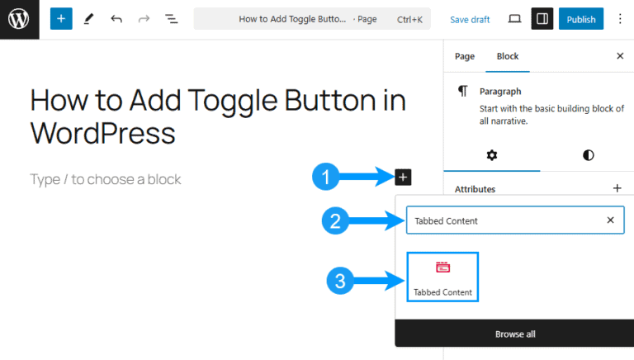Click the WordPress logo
(x=20, y=20)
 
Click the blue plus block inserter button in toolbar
(x=61, y=19)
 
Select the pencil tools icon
(x=88, y=19)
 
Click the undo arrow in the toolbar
(x=116, y=19)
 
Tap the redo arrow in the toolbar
(x=144, y=19)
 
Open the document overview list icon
(x=171, y=19)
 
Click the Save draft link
(x=470, y=19)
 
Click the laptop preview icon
(x=514, y=19)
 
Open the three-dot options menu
(x=620, y=19)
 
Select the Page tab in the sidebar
(x=465, y=56)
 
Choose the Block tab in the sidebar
(x=507, y=56)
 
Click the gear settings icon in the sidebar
(x=492, y=155)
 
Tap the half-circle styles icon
(x=589, y=155)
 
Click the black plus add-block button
(x=403, y=177)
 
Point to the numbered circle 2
(x=335, y=221)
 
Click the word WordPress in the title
(x=102, y=132)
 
